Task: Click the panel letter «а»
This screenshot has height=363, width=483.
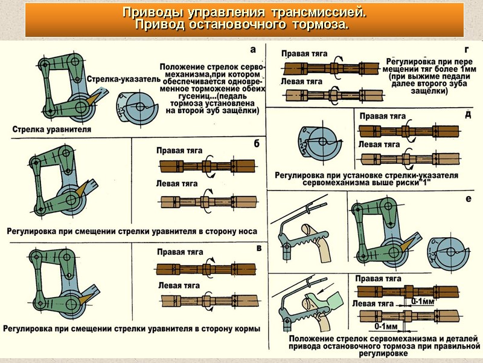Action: (253, 50)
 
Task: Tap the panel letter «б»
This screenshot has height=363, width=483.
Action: (257, 143)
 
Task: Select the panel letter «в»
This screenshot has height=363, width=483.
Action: (258, 247)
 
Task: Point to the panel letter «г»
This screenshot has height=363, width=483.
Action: (467, 50)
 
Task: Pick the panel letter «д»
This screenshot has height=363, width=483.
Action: (469, 115)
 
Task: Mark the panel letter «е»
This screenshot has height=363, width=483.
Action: (469, 198)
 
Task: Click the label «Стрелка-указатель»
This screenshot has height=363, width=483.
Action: (124, 79)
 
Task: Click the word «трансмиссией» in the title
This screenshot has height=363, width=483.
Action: (318, 12)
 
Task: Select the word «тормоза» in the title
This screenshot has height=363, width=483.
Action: (319, 25)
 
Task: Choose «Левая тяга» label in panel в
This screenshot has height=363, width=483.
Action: (179, 285)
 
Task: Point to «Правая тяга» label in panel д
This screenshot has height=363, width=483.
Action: (382, 116)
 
